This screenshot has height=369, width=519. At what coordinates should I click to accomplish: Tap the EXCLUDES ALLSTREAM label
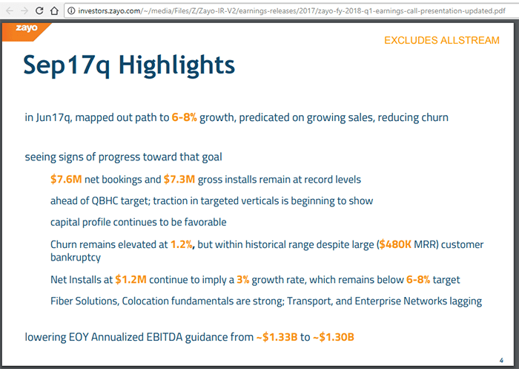pos(442,40)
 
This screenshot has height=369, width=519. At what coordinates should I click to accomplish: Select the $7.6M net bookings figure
pos(66,180)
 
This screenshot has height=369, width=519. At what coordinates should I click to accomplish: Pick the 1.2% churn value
pos(182,244)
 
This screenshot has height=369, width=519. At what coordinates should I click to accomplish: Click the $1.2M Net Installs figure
pos(130,280)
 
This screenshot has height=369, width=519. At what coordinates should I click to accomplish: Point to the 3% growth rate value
pos(242,280)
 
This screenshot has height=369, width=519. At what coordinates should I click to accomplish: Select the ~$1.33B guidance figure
pos(277,337)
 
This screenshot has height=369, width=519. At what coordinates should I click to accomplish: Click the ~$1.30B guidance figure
pos(333,337)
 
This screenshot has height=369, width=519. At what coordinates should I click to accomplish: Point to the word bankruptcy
pos(75,258)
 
